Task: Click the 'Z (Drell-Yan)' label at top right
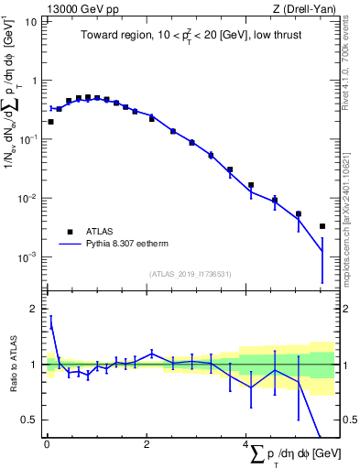coord(307,8)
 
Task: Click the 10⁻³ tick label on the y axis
coord(29,257)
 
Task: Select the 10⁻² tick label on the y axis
coord(29,198)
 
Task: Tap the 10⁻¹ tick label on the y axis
coord(29,139)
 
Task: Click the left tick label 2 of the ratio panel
coord(34,310)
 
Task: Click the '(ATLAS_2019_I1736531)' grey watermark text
coord(191,274)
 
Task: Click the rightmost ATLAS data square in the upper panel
coord(322,226)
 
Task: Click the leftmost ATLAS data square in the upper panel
coord(50,121)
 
